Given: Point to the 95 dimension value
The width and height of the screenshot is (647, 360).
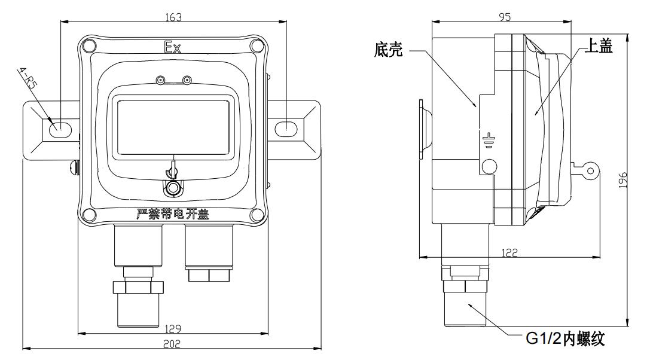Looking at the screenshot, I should tap(504, 17).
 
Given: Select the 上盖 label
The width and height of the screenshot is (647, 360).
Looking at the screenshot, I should tap(598, 47).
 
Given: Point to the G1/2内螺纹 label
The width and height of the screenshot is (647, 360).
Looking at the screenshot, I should tap(566, 340).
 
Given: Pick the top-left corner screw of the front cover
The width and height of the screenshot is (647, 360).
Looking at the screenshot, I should tap(88, 45).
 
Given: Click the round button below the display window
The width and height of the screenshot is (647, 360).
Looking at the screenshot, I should tap(173, 188).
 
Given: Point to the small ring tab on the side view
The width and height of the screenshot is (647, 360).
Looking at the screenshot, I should tap(591, 172).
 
